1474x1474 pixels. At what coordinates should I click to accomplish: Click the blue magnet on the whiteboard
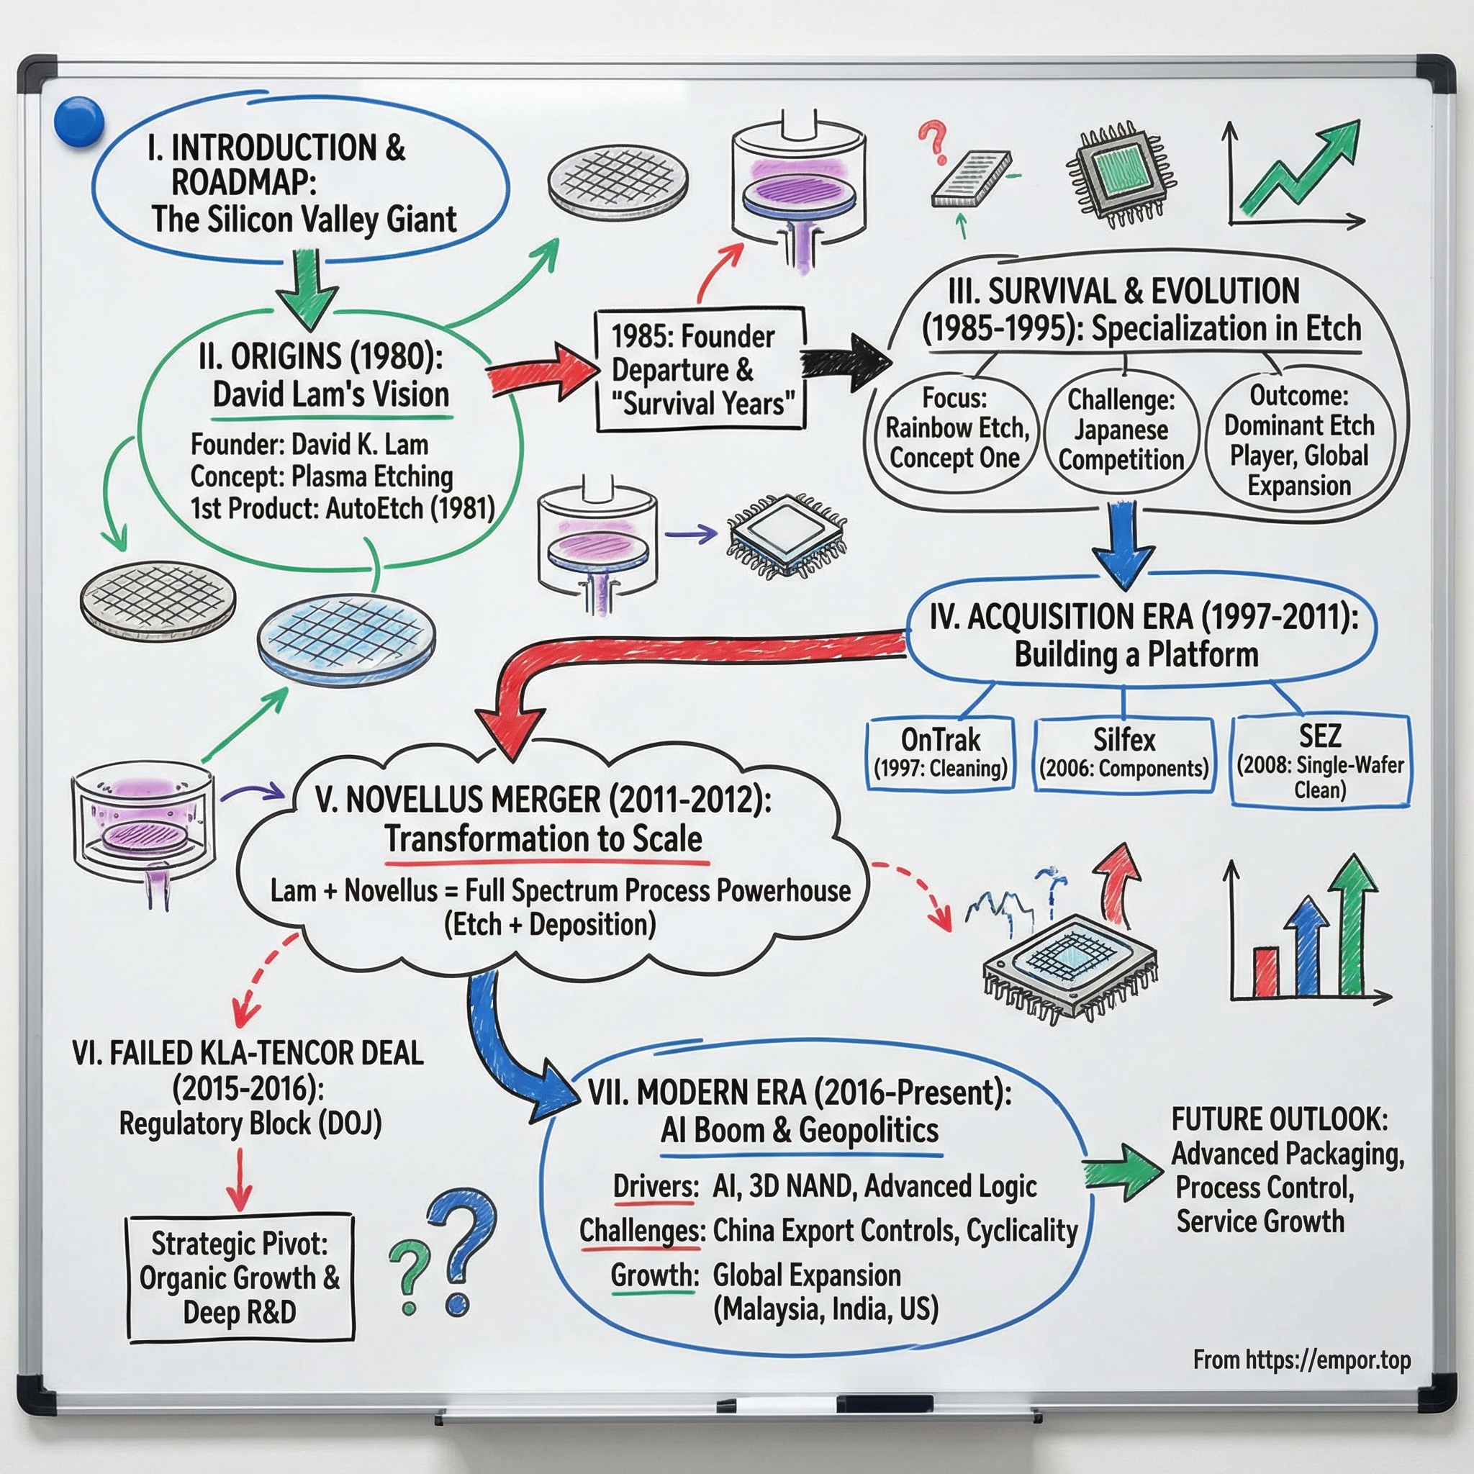79,122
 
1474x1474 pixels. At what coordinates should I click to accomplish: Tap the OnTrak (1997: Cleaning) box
940,753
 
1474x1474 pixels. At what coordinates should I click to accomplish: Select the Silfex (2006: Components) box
1123,753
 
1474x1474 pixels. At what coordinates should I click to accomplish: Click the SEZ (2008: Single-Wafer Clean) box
1320,761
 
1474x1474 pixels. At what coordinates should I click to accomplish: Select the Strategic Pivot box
240,1278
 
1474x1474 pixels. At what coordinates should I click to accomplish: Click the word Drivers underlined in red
656,1186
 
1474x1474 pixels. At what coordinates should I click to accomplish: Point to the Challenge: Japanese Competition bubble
1120,430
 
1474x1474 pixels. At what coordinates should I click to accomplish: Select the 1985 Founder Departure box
699,370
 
